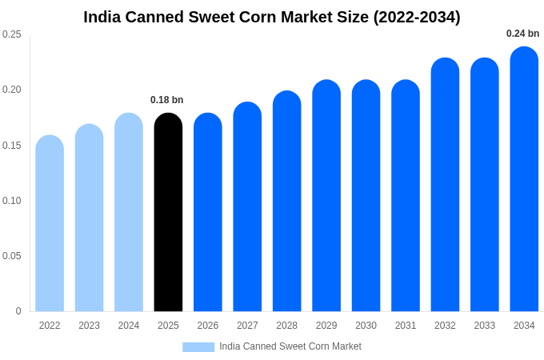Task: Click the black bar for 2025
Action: click(x=168, y=212)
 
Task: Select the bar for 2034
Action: click(x=524, y=179)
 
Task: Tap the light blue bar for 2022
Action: click(x=50, y=223)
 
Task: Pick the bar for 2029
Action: click(x=326, y=196)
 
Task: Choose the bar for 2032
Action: click(x=445, y=185)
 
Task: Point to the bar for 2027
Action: click(x=247, y=206)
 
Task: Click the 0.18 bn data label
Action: click(x=167, y=100)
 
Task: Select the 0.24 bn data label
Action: click(x=522, y=34)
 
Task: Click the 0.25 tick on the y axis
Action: click(x=12, y=34)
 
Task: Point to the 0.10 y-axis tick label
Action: click(x=12, y=201)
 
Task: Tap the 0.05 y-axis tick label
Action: click(x=12, y=256)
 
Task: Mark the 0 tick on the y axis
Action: click(x=18, y=311)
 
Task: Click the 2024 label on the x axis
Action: click(x=129, y=326)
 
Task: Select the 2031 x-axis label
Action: click(x=406, y=326)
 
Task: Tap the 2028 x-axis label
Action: click(x=286, y=326)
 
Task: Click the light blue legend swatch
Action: click(x=198, y=347)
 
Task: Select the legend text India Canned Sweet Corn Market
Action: click(x=290, y=346)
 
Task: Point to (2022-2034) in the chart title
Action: click(x=417, y=17)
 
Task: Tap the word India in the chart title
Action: click(x=103, y=17)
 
